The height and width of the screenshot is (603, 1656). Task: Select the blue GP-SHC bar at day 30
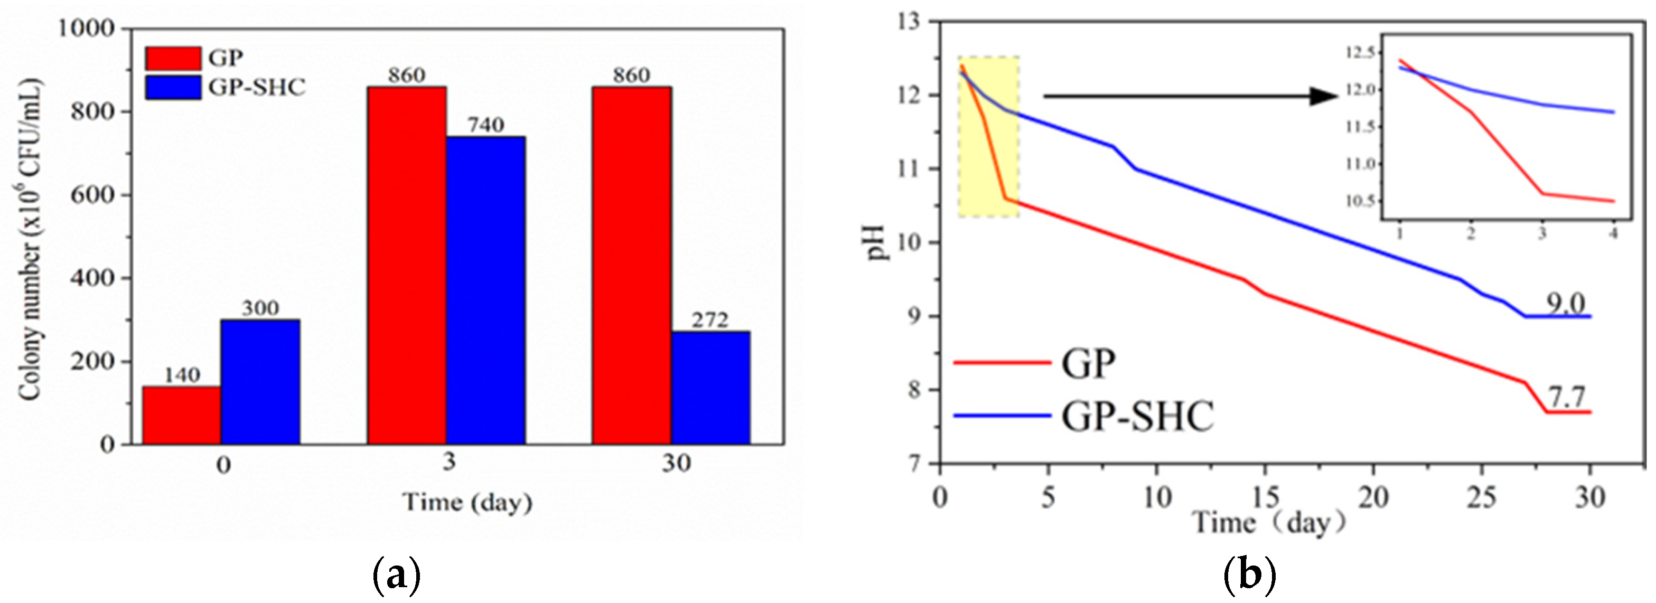[710, 388]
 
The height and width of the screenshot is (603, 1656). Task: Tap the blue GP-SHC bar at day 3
[486, 290]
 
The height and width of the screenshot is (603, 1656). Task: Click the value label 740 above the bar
[486, 125]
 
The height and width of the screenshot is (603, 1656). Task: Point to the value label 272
[710, 319]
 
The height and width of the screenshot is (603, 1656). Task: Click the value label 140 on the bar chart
[182, 375]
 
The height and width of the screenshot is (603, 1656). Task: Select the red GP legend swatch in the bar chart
[172, 59]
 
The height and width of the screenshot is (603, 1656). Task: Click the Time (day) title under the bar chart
[467, 502]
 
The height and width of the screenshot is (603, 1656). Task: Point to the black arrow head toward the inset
[1325, 97]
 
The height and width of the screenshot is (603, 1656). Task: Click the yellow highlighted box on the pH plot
[988, 136]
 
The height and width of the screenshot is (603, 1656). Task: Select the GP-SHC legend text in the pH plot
[1137, 417]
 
